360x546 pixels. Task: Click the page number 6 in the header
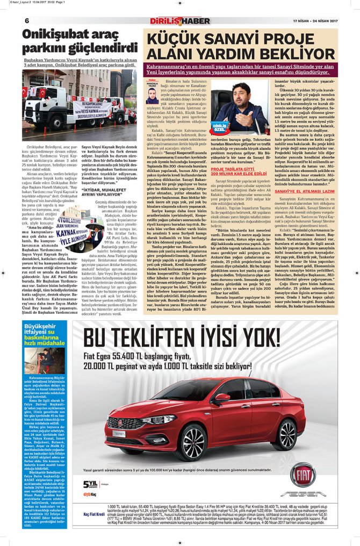coord(26,20)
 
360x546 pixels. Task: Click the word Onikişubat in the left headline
coord(51,35)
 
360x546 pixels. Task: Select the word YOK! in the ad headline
coord(251,338)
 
